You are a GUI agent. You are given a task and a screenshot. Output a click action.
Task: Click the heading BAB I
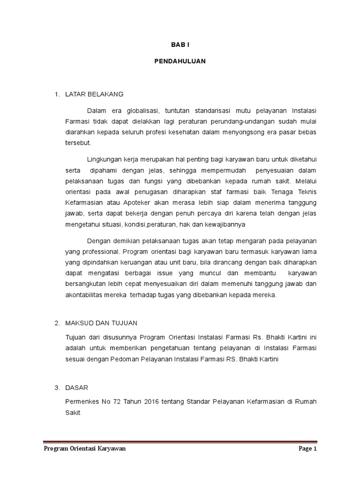[180, 44]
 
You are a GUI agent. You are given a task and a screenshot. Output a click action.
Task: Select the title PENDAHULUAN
[180, 61]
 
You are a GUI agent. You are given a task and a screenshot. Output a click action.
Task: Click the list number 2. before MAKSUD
[57, 323]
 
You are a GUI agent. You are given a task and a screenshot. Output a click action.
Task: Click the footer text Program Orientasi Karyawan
[84, 449]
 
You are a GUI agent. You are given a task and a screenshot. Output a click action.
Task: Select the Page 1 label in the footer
[308, 449]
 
